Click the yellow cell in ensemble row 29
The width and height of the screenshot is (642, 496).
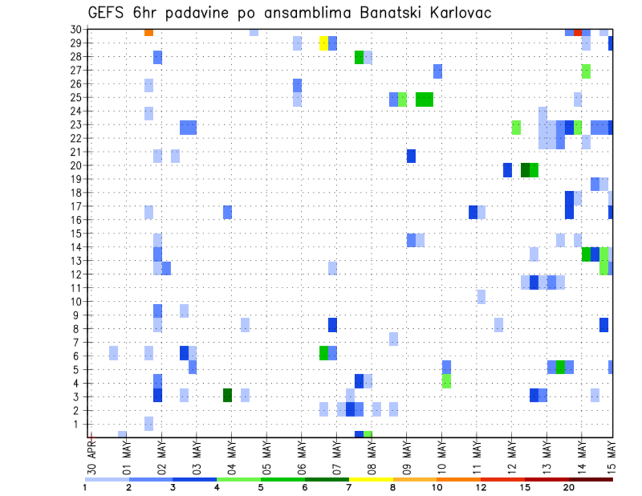(x=324, y=43)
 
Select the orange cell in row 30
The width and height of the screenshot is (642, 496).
(x=148, y=32)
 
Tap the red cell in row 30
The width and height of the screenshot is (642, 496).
(x=578, y=32)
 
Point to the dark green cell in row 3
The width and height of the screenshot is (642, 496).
(x=227, y=395)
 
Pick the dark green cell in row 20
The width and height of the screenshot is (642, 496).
(x=525, y=170)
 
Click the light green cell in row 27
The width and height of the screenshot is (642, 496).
(x=586, y=71)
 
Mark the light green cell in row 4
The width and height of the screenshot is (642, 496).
(x=446, y=381)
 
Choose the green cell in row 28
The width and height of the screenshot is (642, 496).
(x=359, y=57)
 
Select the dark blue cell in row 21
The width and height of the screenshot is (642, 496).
(x=411, y=156)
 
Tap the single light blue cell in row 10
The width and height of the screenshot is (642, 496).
(x=481, y=296)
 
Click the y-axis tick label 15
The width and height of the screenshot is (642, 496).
(x=78, y=233)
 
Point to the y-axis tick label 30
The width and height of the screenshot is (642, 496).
(x=78, y=29)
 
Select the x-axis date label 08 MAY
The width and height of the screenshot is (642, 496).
(x=371, y=455)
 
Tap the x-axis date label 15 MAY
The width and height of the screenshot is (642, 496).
(x=612, y=455)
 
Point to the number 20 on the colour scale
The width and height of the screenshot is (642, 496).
(x=569, y=487)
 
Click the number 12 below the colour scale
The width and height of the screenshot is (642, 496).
(x=481, y=487)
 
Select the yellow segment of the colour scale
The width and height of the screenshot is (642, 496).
(x=370, y=479)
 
